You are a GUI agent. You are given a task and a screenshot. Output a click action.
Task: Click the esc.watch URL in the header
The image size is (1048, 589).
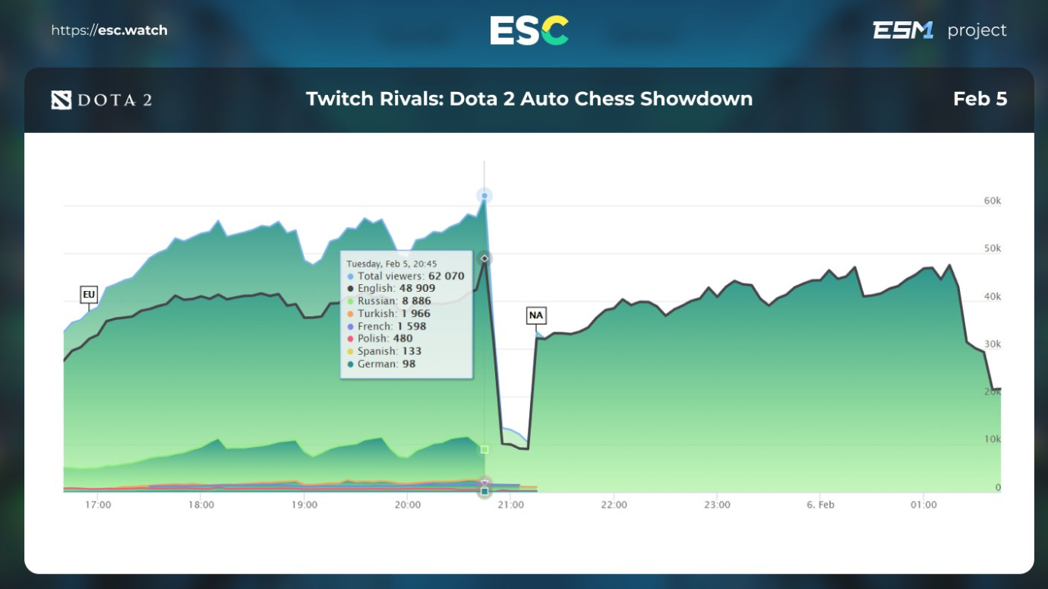(109, 30)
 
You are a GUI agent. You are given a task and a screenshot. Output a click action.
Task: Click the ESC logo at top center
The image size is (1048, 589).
(529, 30)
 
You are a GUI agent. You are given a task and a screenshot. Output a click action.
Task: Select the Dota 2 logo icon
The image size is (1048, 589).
(62, 100)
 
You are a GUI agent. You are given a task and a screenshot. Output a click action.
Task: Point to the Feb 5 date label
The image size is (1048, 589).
(980, 99)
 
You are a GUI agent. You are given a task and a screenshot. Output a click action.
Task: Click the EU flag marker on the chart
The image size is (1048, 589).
(89, 294)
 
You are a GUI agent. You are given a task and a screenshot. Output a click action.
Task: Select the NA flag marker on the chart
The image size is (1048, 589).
(536, 315)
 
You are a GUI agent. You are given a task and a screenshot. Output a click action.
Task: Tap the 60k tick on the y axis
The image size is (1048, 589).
(992, 201)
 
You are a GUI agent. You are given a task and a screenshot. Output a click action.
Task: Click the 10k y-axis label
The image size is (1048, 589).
(992, 439)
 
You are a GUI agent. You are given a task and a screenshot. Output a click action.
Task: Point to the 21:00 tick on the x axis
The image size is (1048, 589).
(510, 505)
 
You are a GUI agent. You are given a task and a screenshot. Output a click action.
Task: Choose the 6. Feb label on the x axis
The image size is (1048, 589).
(820, 505)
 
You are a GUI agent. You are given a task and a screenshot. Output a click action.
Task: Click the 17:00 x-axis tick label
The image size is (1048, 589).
(98, 505)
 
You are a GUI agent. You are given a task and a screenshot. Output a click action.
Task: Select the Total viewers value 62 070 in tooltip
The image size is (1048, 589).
(446, 276)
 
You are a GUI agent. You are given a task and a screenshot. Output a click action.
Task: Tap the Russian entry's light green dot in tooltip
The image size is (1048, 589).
(350, 302)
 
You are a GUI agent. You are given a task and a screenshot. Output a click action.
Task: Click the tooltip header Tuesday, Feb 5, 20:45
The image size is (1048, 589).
(392, 264)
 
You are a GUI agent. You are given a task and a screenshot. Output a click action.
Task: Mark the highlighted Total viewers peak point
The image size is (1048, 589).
(485, 196)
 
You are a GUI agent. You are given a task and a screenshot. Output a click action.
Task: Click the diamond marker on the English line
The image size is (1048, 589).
(485, 258)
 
